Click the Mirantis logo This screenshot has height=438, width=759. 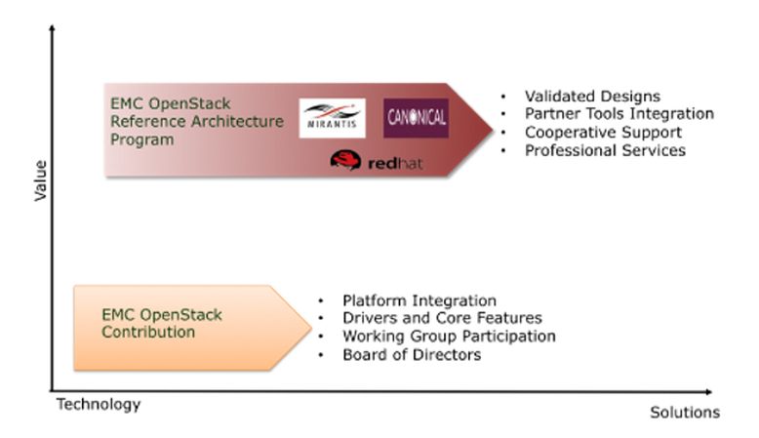[332, 118]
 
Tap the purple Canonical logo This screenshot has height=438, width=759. [417, 118]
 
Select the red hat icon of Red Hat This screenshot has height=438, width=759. [345, 160]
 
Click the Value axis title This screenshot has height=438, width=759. [41, 180]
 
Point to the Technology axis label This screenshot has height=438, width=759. [99, 404]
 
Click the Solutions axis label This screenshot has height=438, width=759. [685, 413]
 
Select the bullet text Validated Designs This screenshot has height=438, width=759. [592, 96]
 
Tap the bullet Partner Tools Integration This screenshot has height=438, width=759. [619, 114]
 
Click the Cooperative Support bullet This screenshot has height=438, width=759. [603, 132]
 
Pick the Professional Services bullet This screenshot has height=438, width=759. [605, 150]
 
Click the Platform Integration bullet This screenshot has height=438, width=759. [419, 300]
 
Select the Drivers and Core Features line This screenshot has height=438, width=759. [442, 318]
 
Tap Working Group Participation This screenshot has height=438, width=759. [449, 336]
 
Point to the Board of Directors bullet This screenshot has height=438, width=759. [412, 354]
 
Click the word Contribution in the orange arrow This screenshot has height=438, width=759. [148, 332]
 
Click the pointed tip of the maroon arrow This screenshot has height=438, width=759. [493, 129]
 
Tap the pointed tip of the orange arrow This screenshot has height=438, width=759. [311, 327]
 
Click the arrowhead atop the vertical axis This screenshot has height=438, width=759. [52, 28]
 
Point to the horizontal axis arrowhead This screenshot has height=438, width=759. [708, 391]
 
